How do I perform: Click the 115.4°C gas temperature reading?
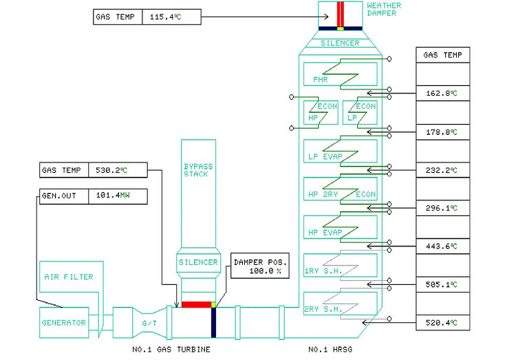click(172, 17)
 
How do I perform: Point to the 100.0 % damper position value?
click(261, 272)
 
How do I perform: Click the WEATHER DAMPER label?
click(383, 10)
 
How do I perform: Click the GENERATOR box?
click(63, 323)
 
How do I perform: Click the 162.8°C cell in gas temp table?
click(443, 92)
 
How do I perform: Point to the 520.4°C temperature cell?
click(443, 321)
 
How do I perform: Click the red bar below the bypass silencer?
click(195, 304)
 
